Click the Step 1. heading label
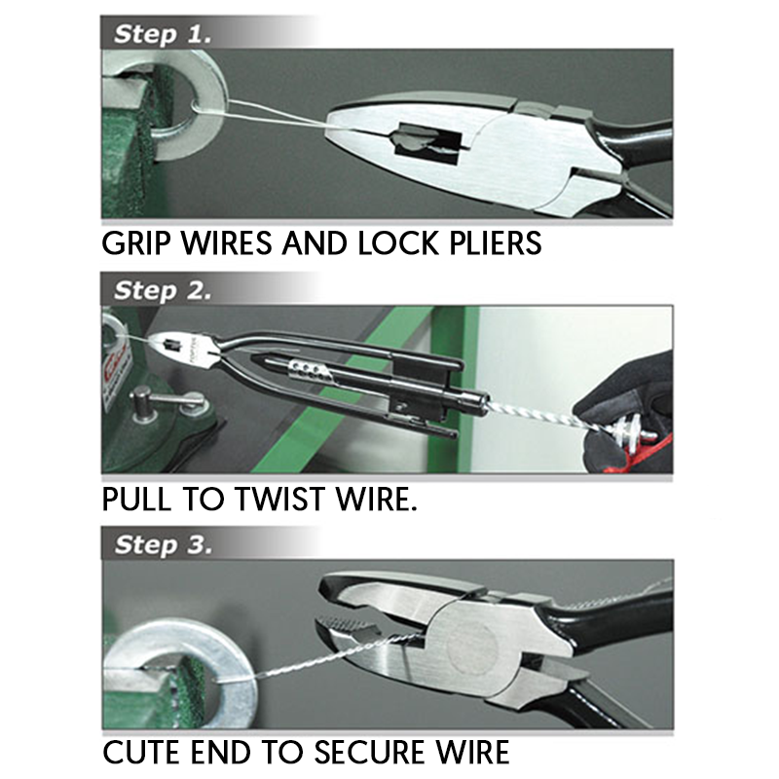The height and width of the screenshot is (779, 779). point(161,34)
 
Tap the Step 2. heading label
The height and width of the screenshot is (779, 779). point(162,290)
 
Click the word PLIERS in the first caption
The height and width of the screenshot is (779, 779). point(491,241)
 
